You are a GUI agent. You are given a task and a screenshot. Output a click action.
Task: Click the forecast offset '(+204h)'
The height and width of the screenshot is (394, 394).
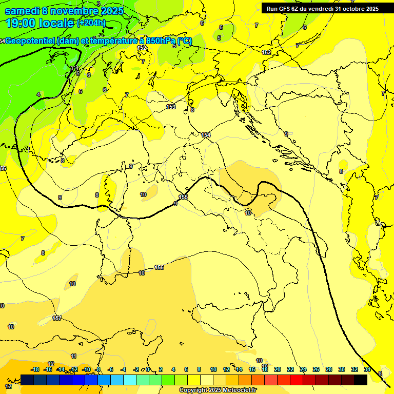[x=91, y=23]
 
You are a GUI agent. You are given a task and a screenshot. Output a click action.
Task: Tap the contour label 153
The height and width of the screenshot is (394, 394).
[x=171, y=107]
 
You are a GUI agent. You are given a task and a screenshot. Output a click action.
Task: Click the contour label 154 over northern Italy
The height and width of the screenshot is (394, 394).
[x=206, y=135]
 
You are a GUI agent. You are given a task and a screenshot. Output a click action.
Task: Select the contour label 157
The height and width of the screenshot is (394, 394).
[x=57, y=318]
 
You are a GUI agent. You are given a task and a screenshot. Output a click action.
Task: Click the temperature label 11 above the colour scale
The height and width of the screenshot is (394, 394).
[x=73, y=356]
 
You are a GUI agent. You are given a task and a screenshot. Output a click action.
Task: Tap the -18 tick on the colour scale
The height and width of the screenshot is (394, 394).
[x=35, y=369]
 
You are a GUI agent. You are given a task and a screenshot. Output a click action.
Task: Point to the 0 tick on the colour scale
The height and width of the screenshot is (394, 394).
[x=148, y=369]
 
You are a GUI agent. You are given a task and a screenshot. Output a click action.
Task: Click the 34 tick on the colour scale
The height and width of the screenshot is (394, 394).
[x=367, y=369]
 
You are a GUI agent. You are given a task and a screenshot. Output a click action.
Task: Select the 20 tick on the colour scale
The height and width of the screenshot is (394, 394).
[x=277, y=369]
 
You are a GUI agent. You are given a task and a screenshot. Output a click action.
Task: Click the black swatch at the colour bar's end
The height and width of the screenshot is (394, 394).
[x=361, y=380]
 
